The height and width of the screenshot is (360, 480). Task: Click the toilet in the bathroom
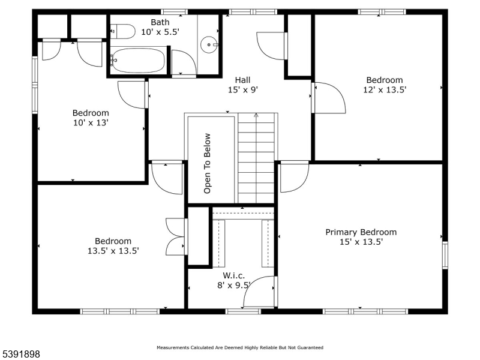[x=123, y=32]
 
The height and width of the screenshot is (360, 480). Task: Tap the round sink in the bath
[x=209, y=44]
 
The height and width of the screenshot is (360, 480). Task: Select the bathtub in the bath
[x=138, y=61]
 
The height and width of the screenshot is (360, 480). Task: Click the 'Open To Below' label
[x=207, y=163]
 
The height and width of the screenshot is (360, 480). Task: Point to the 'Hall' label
[x=243, y=80]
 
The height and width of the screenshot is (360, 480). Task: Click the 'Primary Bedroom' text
[x=361, y=232]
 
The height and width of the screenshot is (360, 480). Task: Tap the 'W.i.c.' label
[x=234, y=275]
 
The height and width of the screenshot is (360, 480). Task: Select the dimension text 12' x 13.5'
[x=385, y=89]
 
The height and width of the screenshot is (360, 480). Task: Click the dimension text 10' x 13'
[x=91, y=123]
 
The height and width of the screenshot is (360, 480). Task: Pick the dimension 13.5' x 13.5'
[x=113, y=251]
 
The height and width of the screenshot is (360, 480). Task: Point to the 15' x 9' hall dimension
[x=243, y=89]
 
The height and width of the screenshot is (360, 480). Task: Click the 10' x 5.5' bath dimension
[x=160, y=32]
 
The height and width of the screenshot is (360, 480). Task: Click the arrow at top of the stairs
[x=256, y=115]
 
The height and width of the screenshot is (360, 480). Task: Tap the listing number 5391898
[x=20, y=354]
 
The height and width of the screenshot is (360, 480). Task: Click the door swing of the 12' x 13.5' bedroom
[x=329, y=98]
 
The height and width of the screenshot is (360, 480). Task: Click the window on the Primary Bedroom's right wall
[x=445, y=256]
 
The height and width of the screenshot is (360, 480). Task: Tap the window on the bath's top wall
[x=174, y=12]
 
